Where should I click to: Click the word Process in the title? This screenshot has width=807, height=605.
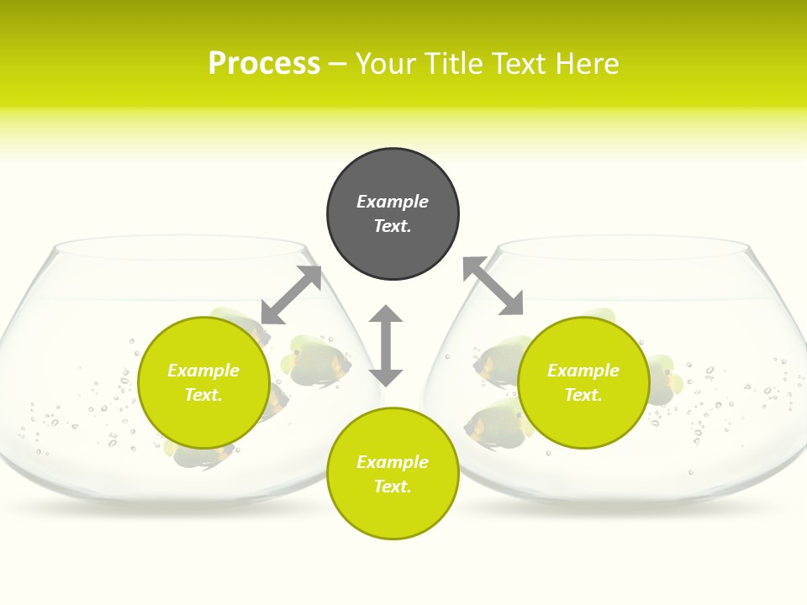[x=264, y=64]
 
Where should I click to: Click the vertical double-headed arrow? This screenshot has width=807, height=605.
[x=386, y=345]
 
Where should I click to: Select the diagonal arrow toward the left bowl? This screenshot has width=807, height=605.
[x=291, y=295]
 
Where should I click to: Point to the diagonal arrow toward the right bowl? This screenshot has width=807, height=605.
[x=493, y=286]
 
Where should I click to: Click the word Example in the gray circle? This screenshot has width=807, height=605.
[x=393, y=202]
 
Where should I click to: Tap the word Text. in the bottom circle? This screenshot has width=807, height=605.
[x=393, y=487]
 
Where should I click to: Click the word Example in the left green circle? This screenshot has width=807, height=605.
[x=203, y=371]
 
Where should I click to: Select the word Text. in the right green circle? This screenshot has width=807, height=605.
[x=583, y=395]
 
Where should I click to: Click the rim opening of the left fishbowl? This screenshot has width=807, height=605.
[x=180, y=248]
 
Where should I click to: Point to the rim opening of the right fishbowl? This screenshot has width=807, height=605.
[x=623, y=248]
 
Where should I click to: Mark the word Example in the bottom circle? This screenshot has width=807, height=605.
[x=393, y=462]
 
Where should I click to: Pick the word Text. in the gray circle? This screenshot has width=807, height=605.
[x=393, y=226]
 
